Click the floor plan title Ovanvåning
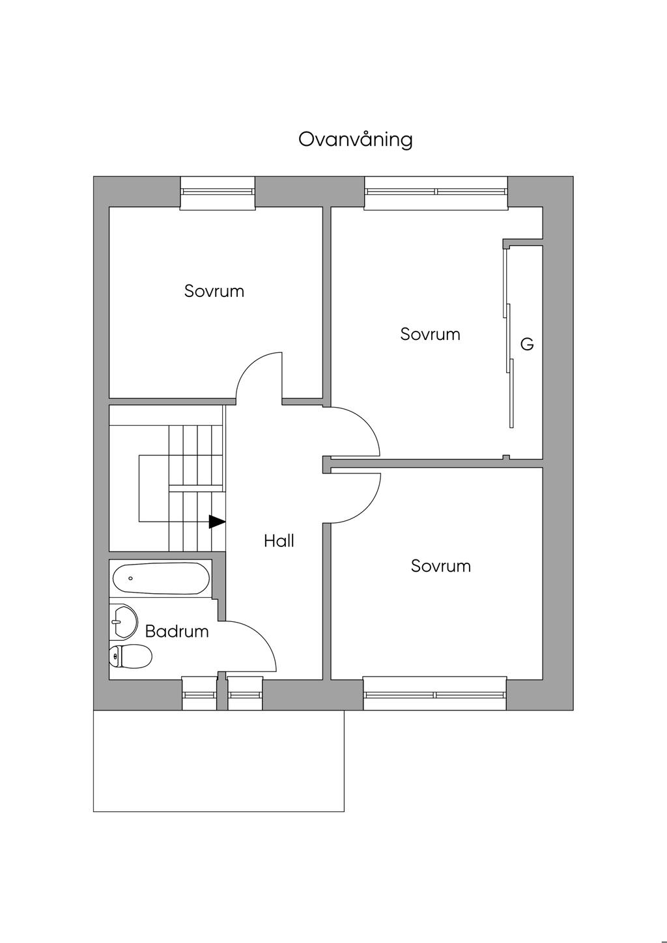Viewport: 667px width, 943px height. (356, 139)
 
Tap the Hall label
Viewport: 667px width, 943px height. (279, 541)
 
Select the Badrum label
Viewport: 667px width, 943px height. (177, 631)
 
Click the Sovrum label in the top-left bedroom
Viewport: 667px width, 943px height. (214, 291)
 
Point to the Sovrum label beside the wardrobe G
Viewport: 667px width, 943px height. (430, 334)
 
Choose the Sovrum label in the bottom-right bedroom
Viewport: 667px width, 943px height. (440, 566)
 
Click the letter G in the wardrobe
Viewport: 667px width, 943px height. (527, 344)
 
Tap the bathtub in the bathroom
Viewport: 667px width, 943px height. (161, 578)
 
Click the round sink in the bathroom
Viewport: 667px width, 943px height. (123, 621)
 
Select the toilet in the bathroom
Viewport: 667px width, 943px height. (130, 656)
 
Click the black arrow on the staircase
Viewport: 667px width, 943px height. (217, 521)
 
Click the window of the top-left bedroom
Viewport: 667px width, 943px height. (218, 192)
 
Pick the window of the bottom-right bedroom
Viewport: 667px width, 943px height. (434, 694)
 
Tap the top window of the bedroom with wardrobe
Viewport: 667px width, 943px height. (436, 191)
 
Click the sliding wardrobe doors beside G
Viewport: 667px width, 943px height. (509, 339)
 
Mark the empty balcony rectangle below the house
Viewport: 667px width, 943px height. (218, 761)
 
